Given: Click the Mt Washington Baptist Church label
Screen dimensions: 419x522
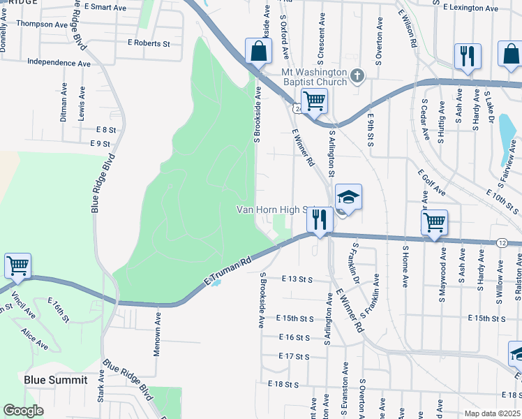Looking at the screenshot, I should pyautogui.click(x=314, y=77).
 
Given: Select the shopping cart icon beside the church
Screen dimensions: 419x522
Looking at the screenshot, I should pyautogui.click(x=314, y=101).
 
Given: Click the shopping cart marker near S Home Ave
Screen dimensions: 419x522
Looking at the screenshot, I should pyautogui.click(x=434, y=222).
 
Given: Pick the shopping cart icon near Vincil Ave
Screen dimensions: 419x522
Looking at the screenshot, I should pyautogui.click(x=17, y=265).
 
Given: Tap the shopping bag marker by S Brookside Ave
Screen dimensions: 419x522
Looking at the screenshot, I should pyautogui.click(x=258, y=51).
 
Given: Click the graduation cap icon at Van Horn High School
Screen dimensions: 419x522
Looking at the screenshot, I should pyautogui.click(x=348, y=196).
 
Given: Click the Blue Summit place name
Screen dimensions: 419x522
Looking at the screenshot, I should pyautogui.click(x=56, y=380).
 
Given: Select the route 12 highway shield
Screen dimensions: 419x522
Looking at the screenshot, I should pyautogui.click(x=502, y=242).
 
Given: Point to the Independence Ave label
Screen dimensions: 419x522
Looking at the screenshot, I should pyautogui.click(x=59, y=63).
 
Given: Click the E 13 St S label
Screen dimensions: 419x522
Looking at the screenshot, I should pyautogui.click(x=296, y=279).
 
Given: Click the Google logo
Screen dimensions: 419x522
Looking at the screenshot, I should pyautogui.click(x=23, y=411).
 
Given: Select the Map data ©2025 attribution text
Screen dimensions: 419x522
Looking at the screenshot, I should pyautogui.click(x=492, y=413).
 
